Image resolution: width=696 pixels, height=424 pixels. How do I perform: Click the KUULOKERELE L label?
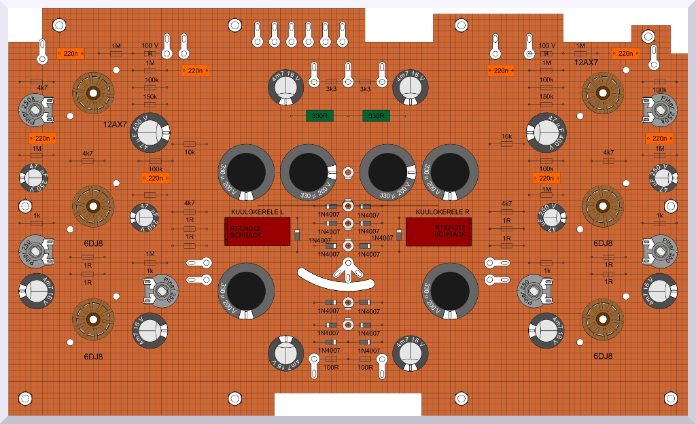point(258,212)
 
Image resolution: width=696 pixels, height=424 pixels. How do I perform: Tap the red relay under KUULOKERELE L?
point(258,231)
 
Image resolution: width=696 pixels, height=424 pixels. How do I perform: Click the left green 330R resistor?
point(319,116)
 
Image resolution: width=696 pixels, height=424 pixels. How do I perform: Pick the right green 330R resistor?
point(376,116)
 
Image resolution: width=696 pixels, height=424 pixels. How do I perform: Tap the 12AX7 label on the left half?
point(115,124)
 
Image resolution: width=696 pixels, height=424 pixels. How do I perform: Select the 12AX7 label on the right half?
point(586,63)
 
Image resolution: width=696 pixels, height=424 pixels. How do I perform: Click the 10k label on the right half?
point(506,137)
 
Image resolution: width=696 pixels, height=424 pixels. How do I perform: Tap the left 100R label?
point(331,367)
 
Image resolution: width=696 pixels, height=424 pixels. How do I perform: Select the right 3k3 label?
point(365,89)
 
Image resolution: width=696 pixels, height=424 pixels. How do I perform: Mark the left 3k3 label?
point(331,89)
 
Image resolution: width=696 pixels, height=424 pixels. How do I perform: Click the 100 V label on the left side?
point(150,46)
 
